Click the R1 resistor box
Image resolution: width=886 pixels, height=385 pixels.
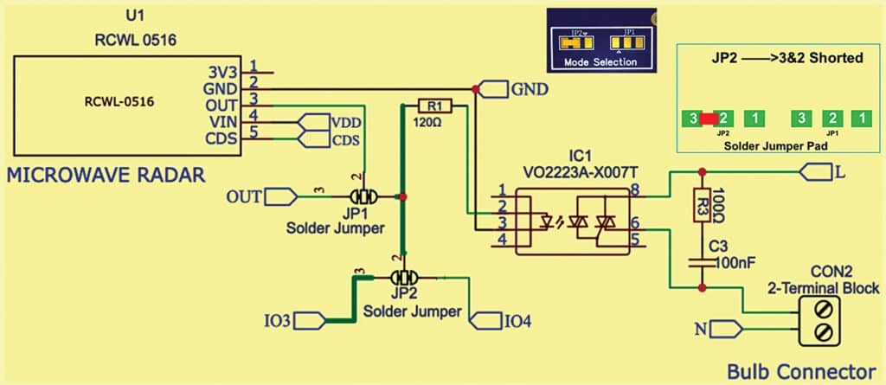(434, 106)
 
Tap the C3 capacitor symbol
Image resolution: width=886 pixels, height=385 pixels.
(702, 261)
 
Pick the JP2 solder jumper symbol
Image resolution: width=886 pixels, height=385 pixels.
(403, 278)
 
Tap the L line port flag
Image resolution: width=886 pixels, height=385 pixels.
(815, 171)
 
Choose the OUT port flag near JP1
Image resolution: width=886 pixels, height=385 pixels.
(279, 197)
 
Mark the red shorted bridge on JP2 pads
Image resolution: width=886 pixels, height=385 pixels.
(709, 118)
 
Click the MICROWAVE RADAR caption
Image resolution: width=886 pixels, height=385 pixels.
(106, 176)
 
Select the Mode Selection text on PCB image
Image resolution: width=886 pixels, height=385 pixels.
(600, 62)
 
